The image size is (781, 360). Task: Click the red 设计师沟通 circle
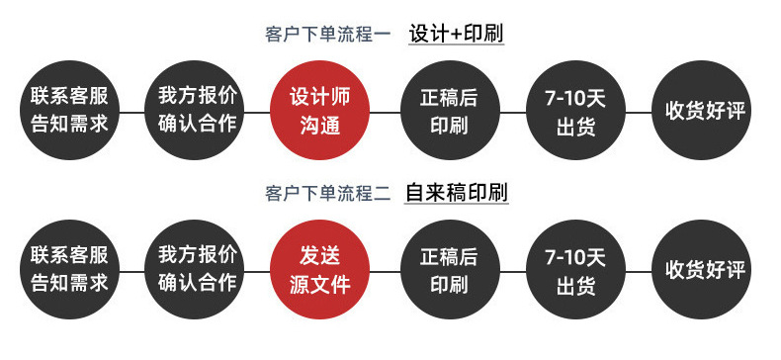[319, 110]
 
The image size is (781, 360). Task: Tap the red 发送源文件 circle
[319, 270]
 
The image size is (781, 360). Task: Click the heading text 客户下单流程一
[329, 35]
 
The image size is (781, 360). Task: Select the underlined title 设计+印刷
[457, 34]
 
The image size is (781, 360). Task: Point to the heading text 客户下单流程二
[329, 194]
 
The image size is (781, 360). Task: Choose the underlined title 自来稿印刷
[457, 193]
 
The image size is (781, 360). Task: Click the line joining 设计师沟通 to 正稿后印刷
[385, 112]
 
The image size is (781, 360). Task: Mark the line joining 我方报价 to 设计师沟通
[257, 112]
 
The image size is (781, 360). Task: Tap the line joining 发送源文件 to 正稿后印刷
[385, 272]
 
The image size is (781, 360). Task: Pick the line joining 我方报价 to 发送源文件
[257, 272]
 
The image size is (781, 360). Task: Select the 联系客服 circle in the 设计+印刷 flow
[69, 110]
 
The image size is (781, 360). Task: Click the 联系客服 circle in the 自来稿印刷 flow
[69, 270]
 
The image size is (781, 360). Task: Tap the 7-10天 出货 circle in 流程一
[575, 110]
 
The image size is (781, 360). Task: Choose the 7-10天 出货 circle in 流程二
[575, 270]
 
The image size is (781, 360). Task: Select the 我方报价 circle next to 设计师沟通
[194, 110]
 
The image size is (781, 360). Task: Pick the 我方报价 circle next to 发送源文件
[194, 270]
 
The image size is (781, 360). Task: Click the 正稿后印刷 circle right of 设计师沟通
[450, 110]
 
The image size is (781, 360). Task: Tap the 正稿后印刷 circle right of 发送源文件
[450, 270]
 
